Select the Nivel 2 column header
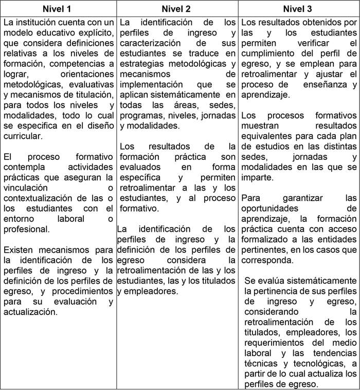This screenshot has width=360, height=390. tap(176, 9)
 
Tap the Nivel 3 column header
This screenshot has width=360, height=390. tap(298, 9)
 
